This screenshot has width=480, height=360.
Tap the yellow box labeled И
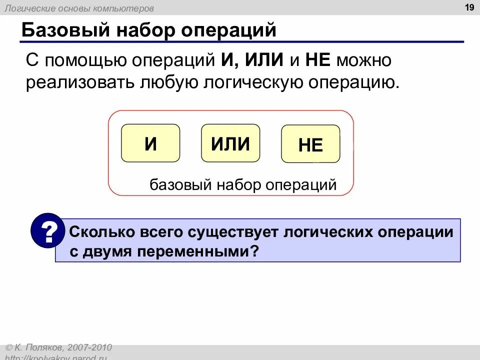pyautogui.click(x=150, y=143)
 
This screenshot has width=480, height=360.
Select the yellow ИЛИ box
pyautogui.click(x=230, y=143)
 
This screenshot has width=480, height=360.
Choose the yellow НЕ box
pyautogui.click(x=310, y=145)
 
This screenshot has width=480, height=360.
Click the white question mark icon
pyautogui.click(x=48, y=231)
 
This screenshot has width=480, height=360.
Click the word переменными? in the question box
pyautogui.click(x=207, y=251)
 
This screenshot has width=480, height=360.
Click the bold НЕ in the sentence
pyautogui.click(x=317, y=60)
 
